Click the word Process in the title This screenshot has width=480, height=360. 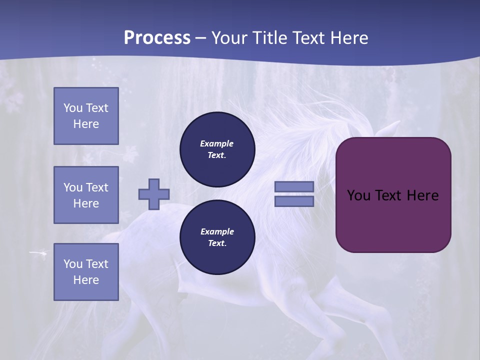[157, 38]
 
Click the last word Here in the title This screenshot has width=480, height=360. [348, 38]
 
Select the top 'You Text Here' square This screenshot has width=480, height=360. [86, 116]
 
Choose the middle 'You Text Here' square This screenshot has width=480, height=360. [86, 195]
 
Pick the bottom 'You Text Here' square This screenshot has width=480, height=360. [86, 272]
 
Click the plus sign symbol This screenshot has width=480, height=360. [154, 194]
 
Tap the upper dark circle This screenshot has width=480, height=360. [217, 149]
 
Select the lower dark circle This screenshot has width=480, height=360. [217, 237]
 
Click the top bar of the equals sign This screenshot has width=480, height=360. [294, 186]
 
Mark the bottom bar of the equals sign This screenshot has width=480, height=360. [294, 201]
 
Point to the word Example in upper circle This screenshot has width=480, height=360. [217, 143]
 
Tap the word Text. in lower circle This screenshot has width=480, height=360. [217, 243]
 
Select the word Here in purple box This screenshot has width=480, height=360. [422, 195]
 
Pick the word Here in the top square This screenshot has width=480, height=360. [86, 124]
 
